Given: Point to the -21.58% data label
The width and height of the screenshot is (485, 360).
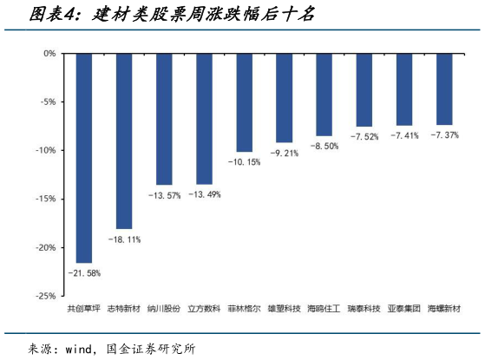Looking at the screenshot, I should tap(84, 273).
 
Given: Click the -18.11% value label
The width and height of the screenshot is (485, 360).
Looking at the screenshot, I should tap(124, 239).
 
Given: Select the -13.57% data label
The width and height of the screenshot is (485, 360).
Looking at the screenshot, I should tap(164, 195).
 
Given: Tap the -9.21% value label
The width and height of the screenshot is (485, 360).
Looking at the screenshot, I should tap(285, 154).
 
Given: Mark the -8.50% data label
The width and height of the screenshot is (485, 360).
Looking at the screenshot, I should tap(324, 147).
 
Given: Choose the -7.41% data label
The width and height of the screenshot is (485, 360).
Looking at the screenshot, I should tap(404, 136).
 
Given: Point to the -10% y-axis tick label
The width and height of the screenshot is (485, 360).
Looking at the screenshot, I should tap(45, 150).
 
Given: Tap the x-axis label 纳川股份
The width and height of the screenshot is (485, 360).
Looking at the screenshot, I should tap(164, 308).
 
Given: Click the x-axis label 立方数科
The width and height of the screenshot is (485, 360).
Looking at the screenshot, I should tap(205, 308).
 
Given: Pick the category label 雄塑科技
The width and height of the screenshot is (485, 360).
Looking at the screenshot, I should tap(285, 308).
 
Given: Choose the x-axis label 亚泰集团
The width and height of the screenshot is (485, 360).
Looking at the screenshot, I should tap(404, 308).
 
